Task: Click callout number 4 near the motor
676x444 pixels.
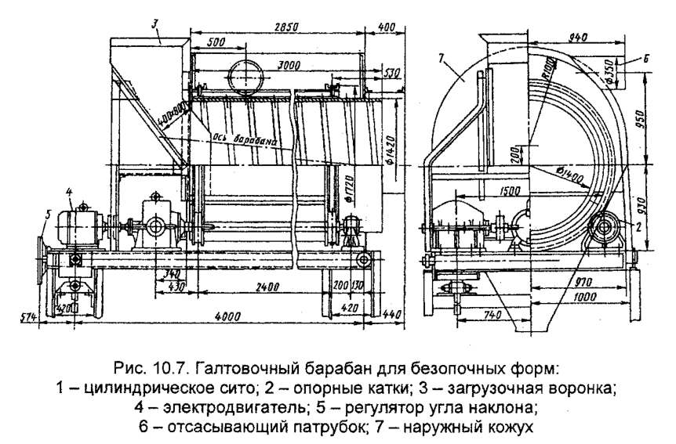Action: pyautogui.click(x=70, y=190)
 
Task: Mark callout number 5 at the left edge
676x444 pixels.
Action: pyautogui.click(x=45, y=216)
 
